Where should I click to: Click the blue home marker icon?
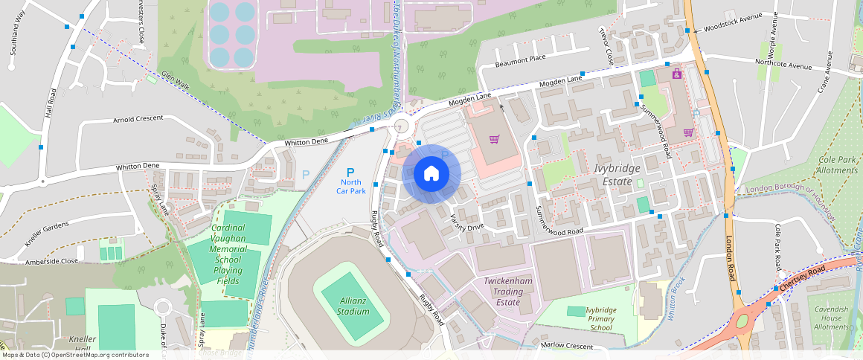[431, 173]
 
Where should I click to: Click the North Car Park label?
[351, 186]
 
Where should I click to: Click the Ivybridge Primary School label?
[600, 318]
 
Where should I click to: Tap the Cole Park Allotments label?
[838, 165]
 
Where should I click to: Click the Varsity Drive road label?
[467, 222]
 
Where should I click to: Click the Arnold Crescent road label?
[138, 119]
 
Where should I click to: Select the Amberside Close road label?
[52, 261]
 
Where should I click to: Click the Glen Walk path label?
[176, 81]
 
